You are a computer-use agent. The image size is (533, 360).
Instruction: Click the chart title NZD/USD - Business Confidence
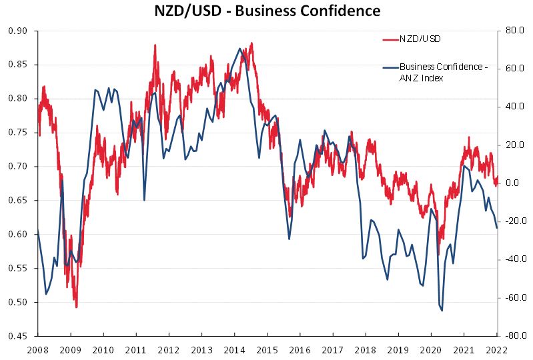click(267, 11)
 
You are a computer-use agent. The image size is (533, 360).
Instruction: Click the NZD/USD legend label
click(420, 39)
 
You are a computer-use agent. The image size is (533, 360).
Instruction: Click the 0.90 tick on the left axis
click(18, 31)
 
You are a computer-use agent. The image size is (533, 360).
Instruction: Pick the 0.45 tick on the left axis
click(18, 336)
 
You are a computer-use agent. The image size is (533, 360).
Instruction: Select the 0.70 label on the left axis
click(18, 167)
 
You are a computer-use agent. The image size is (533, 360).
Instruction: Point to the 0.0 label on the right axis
click(512, 183)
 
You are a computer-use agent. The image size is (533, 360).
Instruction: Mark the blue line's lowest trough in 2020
click(442, 311)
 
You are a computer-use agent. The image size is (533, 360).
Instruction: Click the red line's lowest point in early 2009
click(76, 307)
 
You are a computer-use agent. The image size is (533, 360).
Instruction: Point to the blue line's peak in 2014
click(239, 49)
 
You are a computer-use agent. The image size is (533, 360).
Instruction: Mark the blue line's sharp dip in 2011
click(145, 200)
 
